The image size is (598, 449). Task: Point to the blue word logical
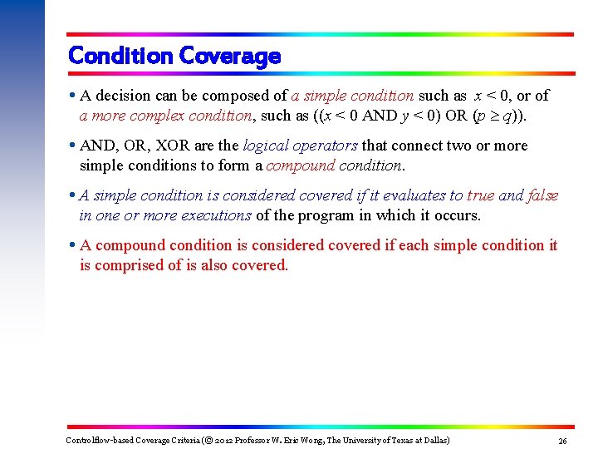pos(265,146)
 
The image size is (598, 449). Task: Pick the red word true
pos(480,195)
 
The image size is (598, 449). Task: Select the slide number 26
pos(562,441)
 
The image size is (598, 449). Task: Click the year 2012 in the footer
pos(224,440)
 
